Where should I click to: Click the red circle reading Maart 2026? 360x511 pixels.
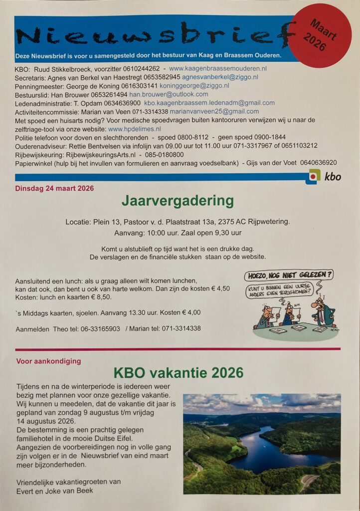click(320, 35)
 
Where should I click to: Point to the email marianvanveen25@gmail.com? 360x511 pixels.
click(214, 111)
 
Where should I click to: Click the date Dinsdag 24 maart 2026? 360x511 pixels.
click(54, 189)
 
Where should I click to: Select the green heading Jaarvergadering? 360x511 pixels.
click(178, 201)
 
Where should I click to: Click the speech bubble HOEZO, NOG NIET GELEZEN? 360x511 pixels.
click(288, 275)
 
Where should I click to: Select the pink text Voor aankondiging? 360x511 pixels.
click(48, 361)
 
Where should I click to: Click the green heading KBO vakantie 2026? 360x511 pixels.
click(179, 373)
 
